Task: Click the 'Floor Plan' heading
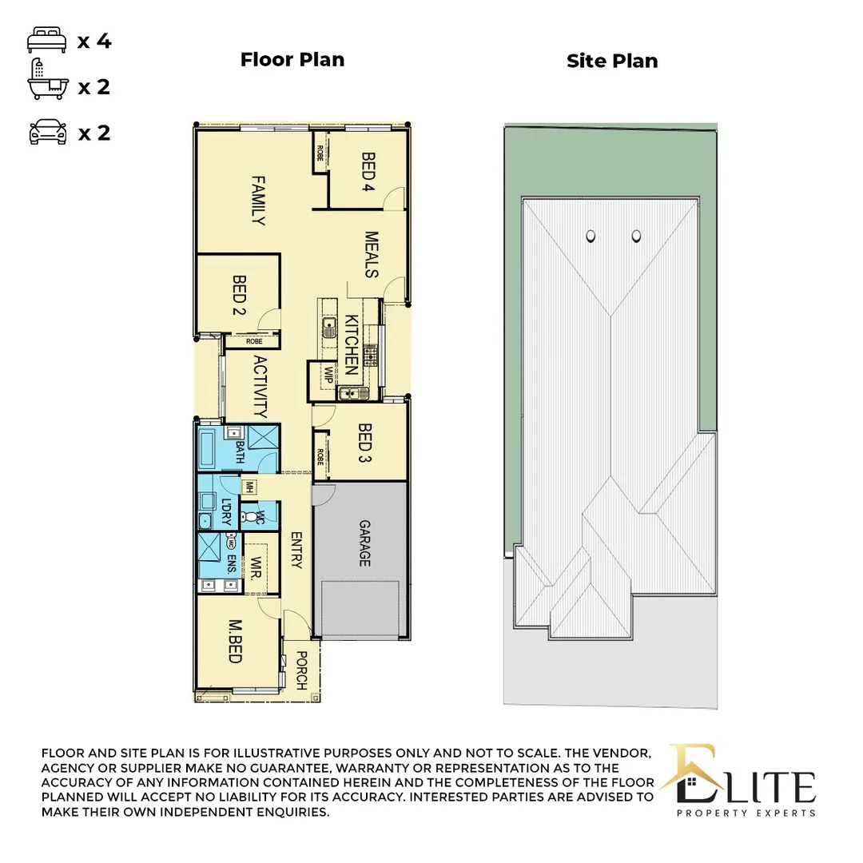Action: (x=292, y=60)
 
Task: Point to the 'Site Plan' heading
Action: (x=612, y=62)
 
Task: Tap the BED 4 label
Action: (x=368, y=173)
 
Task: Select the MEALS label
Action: (x=371, y=255)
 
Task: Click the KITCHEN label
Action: (x=352, y=345)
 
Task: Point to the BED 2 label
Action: (x=238, y=296)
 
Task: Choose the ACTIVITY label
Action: (x=259, y=388)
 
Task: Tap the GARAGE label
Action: (x=364, y=543)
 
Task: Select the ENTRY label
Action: (x=296, y=551)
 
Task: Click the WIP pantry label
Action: (x=327, y=375)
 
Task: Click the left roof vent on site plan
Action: (x=591, y=236)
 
